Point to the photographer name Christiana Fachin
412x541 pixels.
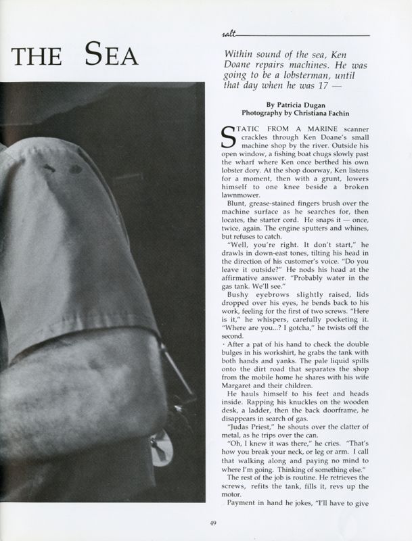tap(330, 114)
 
